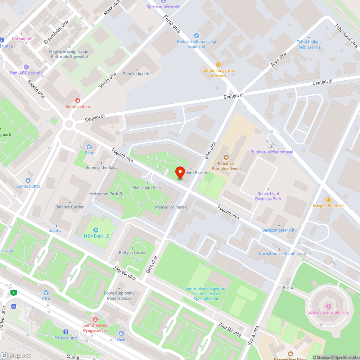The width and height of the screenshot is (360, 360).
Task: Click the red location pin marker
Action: click(x=180, y=172)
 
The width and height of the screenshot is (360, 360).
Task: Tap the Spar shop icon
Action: click(x=89, y=147)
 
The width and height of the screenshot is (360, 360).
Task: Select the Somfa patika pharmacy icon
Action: click(x=77, y=100)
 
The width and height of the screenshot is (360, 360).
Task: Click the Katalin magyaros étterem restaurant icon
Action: click(x=218, y=64)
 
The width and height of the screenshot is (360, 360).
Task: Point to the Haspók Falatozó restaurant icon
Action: click(x=328, y=200)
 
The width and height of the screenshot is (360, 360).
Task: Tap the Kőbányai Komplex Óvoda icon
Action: click(x=226, y=157)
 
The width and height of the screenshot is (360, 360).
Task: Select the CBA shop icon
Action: click(x=46, y=293)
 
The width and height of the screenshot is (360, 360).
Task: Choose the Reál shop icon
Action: click(x=121, y=333)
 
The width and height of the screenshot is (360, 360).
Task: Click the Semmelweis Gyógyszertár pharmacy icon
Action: click(x=95, y=319)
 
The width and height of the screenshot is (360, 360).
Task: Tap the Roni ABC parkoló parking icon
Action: click(x=26, y=67)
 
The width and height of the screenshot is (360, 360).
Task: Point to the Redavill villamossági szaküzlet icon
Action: click(x=196, y=35)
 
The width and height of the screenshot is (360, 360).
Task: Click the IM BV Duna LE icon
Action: click(x=95, y=230)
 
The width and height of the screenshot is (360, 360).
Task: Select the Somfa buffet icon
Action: click(x=28, y=180)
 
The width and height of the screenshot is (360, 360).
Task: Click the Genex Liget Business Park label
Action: click(x=268, y=196)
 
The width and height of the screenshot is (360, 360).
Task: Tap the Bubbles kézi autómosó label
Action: click(x=272, y=152)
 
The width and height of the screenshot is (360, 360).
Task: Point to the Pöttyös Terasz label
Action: click(x=132, y=253)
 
